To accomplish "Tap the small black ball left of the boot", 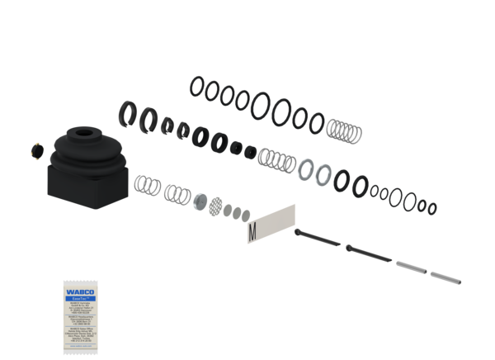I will point(35,150).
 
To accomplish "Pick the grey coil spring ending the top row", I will point(345,130).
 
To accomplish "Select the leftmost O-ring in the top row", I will point(197,84).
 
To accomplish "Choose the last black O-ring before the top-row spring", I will point(316,124).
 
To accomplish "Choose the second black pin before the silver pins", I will point(368,251).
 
